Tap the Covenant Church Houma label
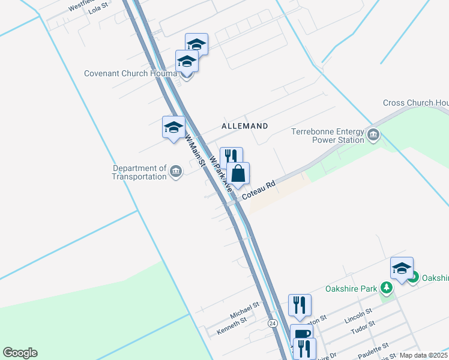130,74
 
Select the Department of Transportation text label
139,173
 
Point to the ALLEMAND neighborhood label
244,126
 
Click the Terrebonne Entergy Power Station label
328,136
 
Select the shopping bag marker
238,173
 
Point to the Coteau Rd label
259,191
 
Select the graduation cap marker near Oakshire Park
402,268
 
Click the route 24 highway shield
273,323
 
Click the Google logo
20,353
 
